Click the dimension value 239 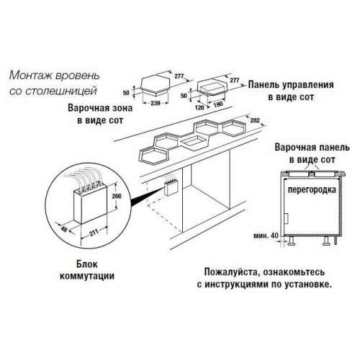[156, 104]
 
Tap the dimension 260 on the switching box [117, 196]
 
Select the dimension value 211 [94, 233]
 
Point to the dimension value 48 [64, 229]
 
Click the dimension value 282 [255, 120]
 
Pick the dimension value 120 [199, 107]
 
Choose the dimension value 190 [218, 104]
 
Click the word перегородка [312, 190]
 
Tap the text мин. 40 [266, 235]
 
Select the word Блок [87, 264]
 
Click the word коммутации [87, 276]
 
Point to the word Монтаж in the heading [31, 76]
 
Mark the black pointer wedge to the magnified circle [146, 197]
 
